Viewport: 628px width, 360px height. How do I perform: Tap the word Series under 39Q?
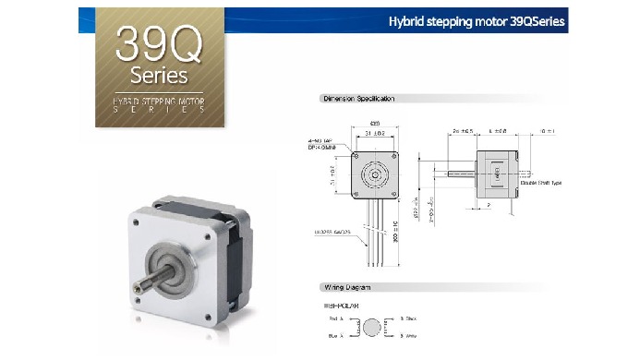pyautogui.click(x=159, y=74)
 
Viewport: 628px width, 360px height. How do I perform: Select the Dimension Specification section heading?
pyautogui.click(x=358, y=98)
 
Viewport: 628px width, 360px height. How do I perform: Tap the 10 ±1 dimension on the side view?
pyautogui.click(x=548, y=130)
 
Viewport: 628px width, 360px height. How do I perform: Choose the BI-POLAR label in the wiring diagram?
pyautogui.click(x=338, y=305)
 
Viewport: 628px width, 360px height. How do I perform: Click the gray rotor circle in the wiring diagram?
pyautogui.click(x=373, y=328)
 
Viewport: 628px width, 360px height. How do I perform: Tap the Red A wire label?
pyautogui.click(x=334, y=318)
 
